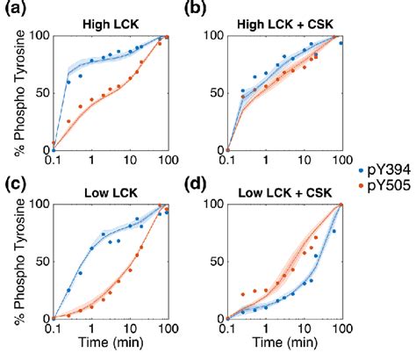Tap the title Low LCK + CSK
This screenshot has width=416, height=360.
coord(285,191)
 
